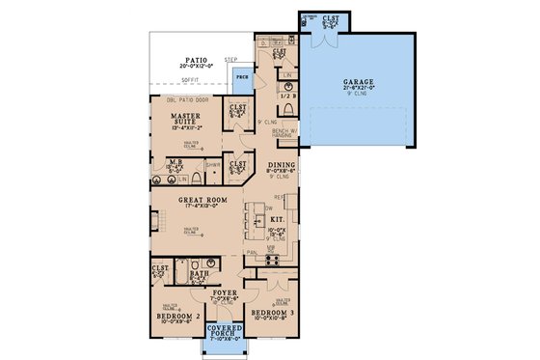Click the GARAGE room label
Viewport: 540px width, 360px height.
tap(359, 83)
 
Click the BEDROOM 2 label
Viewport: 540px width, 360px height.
tap(177, 315)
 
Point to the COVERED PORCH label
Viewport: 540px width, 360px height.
tap(224, 333)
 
